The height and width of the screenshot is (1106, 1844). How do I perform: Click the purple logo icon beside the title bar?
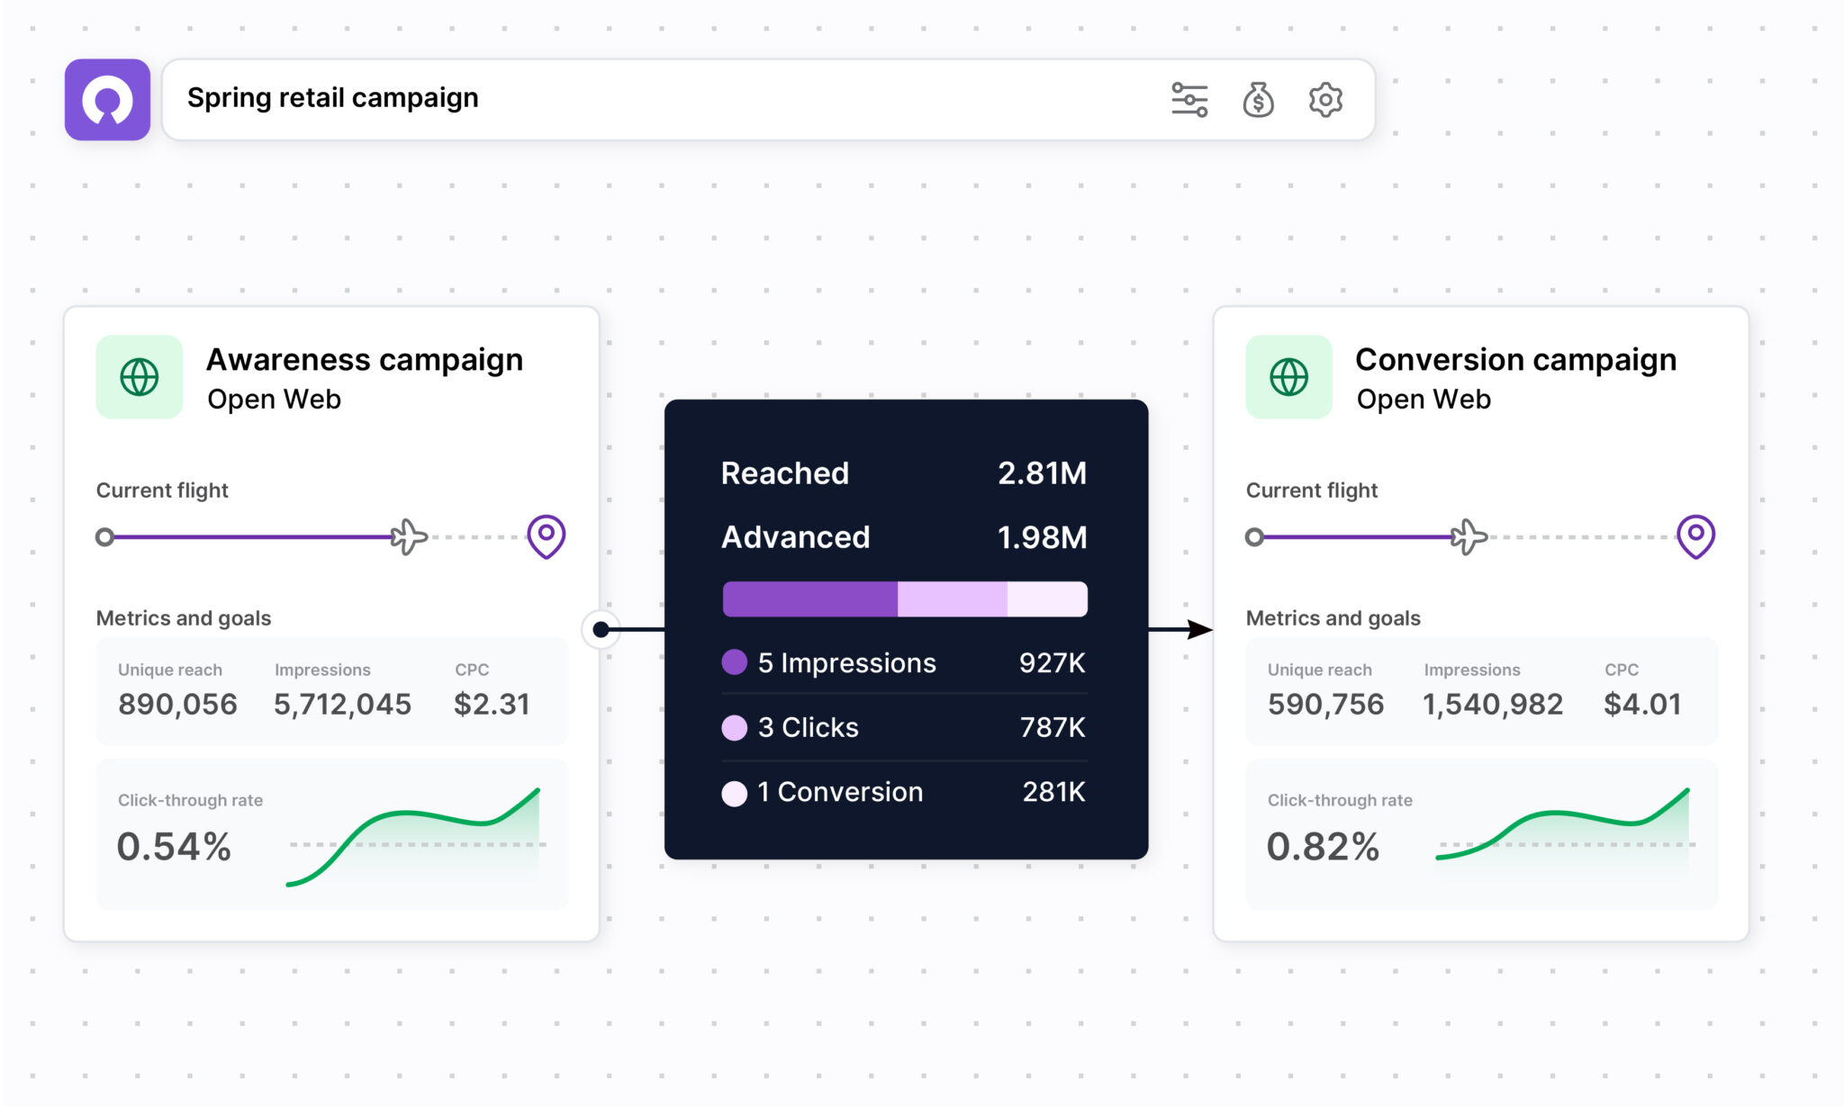point(107,100)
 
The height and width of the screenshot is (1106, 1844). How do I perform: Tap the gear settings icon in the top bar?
point(1325,100)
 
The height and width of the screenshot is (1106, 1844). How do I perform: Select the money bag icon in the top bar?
point(1258,100)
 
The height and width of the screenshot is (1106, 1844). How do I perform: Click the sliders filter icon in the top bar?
point(1189,100)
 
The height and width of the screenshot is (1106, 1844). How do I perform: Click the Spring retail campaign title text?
point(333,97)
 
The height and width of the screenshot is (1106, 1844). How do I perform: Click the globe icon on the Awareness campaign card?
point(140,377)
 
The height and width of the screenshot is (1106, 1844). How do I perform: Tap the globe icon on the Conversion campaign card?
point(1288,377)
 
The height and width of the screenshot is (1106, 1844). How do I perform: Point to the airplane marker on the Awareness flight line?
point(409,537)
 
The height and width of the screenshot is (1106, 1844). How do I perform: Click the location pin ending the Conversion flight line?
point(1695,536)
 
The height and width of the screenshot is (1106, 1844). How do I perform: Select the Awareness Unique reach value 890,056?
point(177,704)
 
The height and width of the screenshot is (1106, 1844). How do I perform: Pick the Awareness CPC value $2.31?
point(492,704)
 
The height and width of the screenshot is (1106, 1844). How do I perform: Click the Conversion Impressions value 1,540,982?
point(1493,704)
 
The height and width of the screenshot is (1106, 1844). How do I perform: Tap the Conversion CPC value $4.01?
point(1642,704)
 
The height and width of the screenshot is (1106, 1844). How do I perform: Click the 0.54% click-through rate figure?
point(174,847)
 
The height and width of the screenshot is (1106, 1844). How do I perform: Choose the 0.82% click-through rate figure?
point(1323,847)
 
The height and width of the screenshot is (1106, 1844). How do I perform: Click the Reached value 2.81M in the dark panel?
point(1042,473)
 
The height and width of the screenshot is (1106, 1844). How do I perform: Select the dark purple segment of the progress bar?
point(810,599)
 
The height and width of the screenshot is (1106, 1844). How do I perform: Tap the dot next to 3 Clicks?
point(735,727)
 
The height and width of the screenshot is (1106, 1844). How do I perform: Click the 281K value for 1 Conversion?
point(1053,792)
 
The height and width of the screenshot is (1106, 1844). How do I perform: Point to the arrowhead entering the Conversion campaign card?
point(1200,630)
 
